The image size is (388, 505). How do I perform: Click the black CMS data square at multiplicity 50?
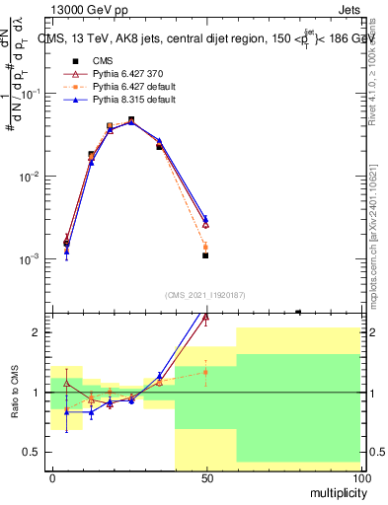tap(205, 255)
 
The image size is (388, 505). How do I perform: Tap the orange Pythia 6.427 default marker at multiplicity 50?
tap(205, 247)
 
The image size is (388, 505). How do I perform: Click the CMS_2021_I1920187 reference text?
tap(204, 294)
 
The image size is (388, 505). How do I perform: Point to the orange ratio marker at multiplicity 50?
tap(205, 372)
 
